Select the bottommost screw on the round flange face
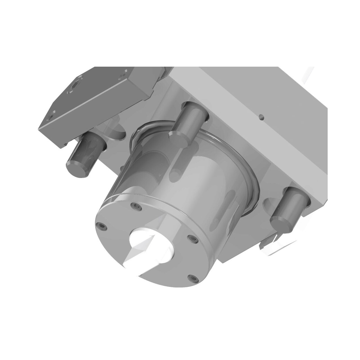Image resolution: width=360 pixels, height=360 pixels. (x=192, y=278)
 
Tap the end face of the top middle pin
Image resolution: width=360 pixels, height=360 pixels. (x=177, y=135)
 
